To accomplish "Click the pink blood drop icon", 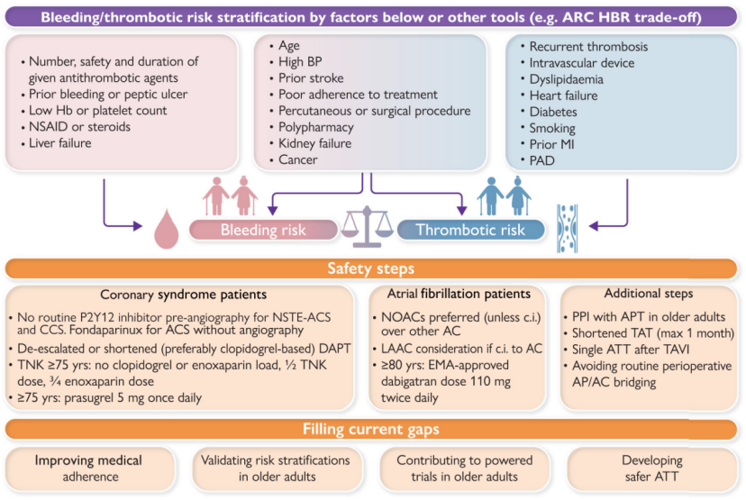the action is click(x=166, y=230).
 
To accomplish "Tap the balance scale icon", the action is click(x=367, y=226).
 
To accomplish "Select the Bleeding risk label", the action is click(x=263, y=230).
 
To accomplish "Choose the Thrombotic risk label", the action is click(x=470, y=230).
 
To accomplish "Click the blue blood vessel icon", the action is click(x=567, y=228).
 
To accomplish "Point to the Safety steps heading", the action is click(x=370, y=268).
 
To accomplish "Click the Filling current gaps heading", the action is click(x=370, y=429).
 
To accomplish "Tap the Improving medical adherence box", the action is click(x=89, y=468).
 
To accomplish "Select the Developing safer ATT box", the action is click(x=651, y=468).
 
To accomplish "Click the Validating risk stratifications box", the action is click(x=276, y=468).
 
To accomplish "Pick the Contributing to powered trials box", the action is click(x=464, y=468).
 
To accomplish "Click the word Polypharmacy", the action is click(x=316, y=128).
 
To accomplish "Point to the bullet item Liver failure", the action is click(x=60, y=143).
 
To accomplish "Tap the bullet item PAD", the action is click(x=541, y=160).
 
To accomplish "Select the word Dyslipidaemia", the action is click(x=566, y=79).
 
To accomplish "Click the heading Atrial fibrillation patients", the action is click(x=459, y=294).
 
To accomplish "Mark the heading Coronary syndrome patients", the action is click(x=183, y=295).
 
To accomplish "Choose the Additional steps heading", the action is click(x=649, y=294).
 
